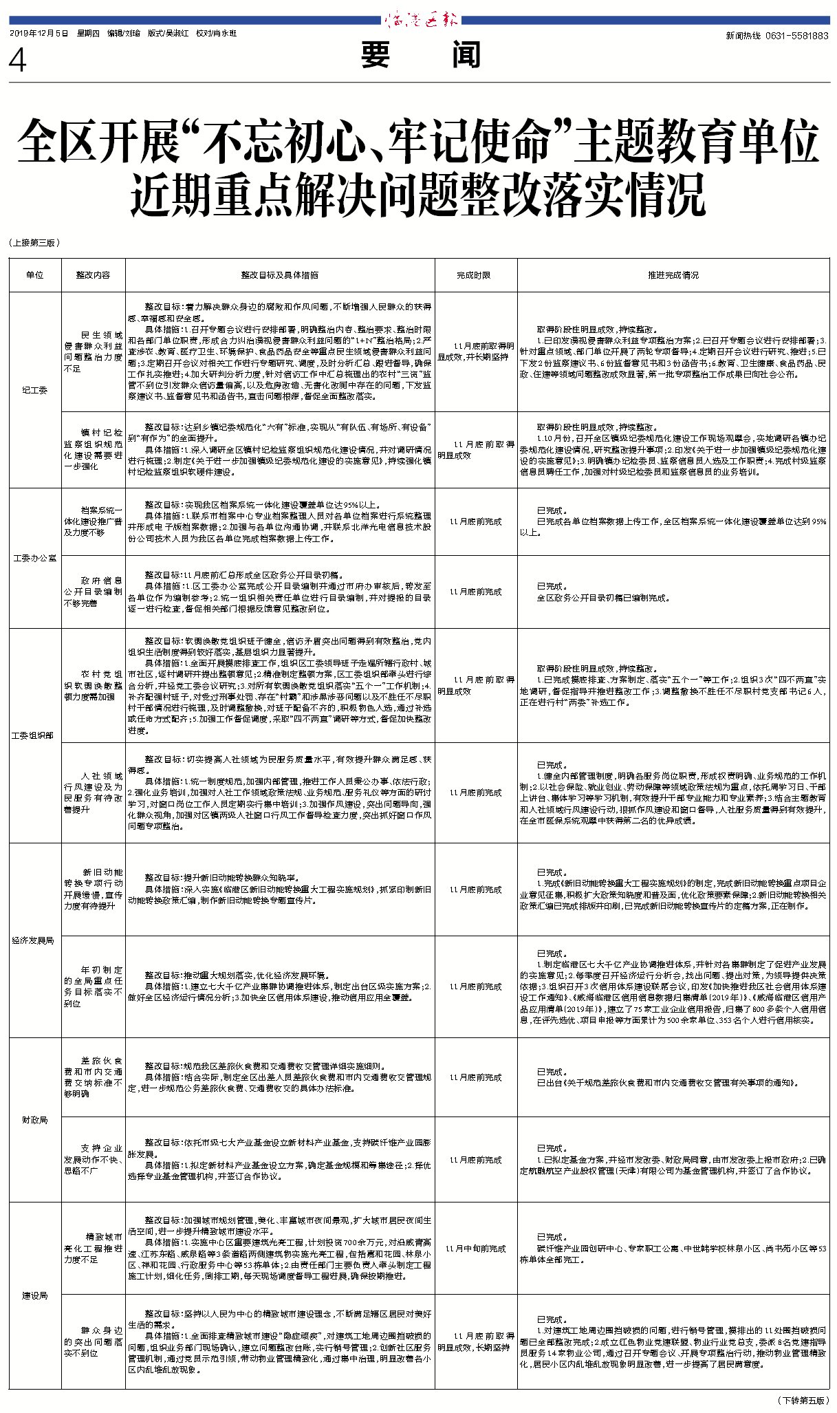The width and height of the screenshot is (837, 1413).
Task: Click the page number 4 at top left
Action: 17,61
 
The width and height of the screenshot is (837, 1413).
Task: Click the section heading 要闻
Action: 420,55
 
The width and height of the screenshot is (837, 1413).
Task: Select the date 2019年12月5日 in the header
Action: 39,33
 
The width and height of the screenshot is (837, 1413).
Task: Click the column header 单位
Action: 34,275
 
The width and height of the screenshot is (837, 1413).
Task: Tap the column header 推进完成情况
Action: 673,275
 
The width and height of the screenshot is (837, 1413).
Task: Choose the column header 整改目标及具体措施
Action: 279,275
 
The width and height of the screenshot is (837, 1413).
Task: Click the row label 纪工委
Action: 34,391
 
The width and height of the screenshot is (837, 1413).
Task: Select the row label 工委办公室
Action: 34,558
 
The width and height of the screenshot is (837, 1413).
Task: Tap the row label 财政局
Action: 34,1121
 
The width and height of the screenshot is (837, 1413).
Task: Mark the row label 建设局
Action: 34,1296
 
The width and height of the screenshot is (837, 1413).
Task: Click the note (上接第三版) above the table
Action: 35,243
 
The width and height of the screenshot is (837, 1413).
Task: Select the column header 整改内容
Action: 93,275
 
